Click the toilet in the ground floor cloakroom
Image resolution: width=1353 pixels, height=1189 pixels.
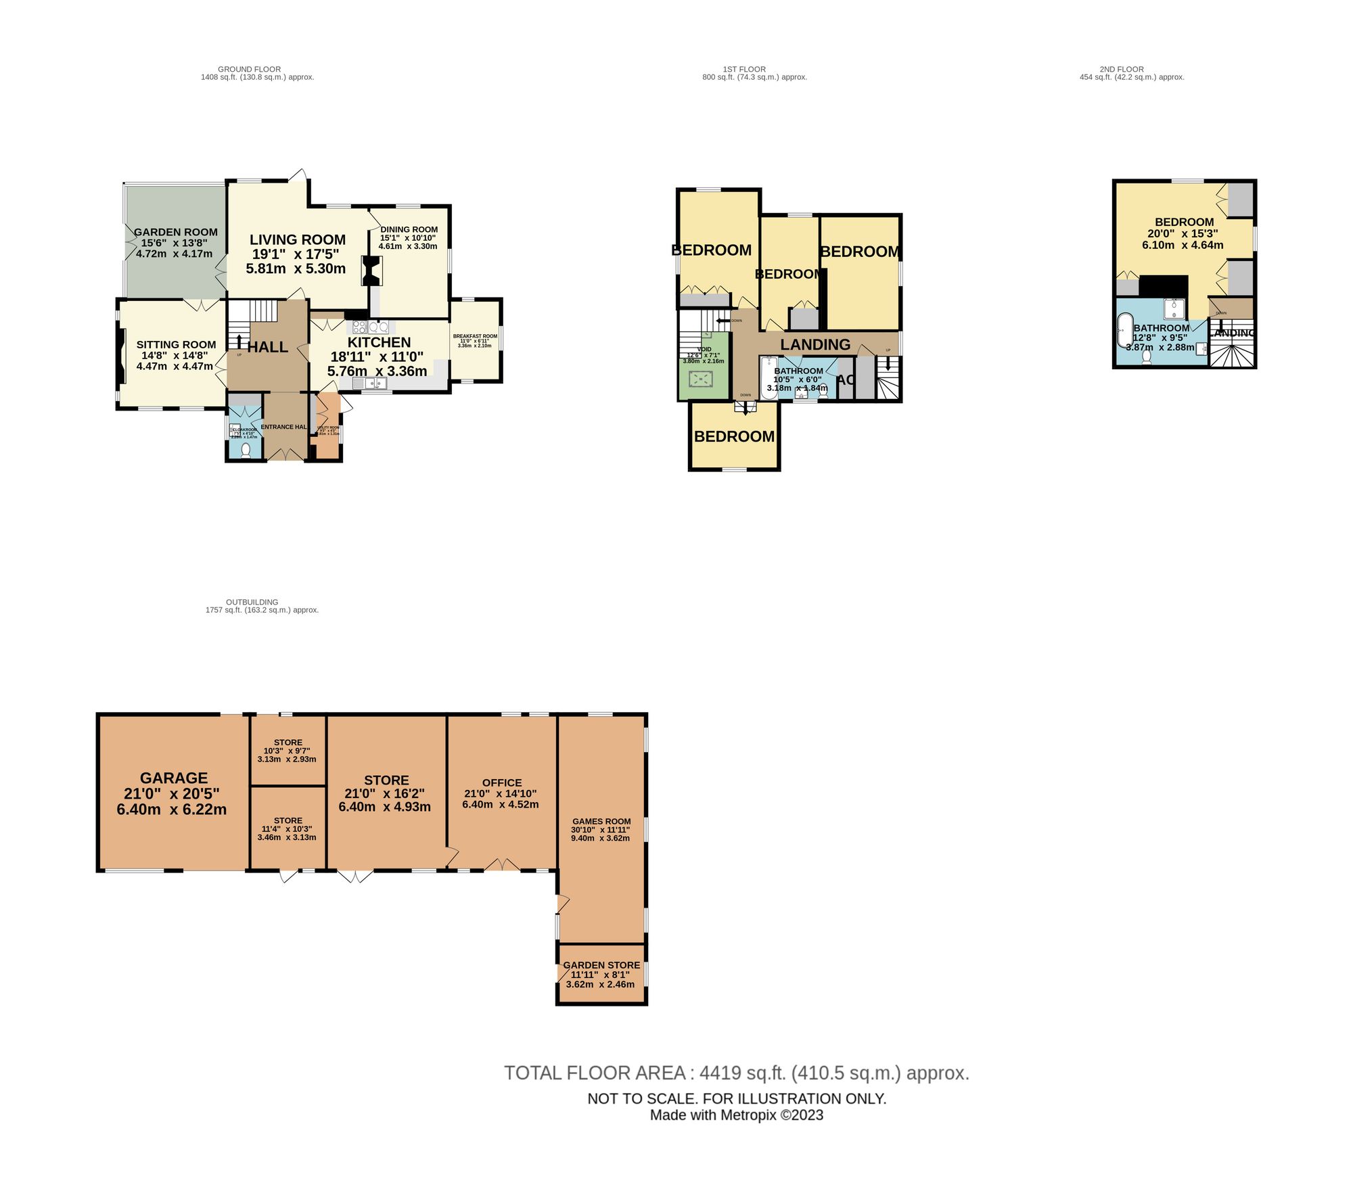(x=245, y=450)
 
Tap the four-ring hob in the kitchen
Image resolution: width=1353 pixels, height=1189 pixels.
(x=359, y=327)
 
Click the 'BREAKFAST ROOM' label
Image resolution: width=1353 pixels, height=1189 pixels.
(x=475, y=336)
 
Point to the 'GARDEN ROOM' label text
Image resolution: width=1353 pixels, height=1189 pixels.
(x=176, y=232)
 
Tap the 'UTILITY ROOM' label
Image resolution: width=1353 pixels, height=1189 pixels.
(x=329, y=427)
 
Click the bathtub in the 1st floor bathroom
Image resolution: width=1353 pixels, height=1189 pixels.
(x=769, y=379)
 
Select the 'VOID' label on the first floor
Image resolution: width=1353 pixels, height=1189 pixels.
(x=704, y=349)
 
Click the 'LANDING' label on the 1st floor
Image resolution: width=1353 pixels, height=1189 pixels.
(x=815, y=344)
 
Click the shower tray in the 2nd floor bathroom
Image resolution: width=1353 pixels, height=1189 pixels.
(x=1175, y=308)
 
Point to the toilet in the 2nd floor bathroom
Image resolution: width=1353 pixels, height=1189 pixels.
(x=1146, y=356)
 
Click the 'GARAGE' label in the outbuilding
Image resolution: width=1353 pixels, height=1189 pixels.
(x=174, y=778)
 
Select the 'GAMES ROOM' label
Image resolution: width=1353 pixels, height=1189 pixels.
(x=601, y=821)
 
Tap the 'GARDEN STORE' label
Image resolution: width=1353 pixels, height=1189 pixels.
(x=601, y=965)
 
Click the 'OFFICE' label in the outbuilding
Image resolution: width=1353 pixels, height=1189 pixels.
(x=502, y=783)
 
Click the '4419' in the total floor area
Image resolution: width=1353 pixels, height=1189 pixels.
(x=720, y=1073)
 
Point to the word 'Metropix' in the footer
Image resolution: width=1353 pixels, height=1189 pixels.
(x=748, y=1115)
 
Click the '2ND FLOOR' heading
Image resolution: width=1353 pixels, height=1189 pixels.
(x=1122, y=69)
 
